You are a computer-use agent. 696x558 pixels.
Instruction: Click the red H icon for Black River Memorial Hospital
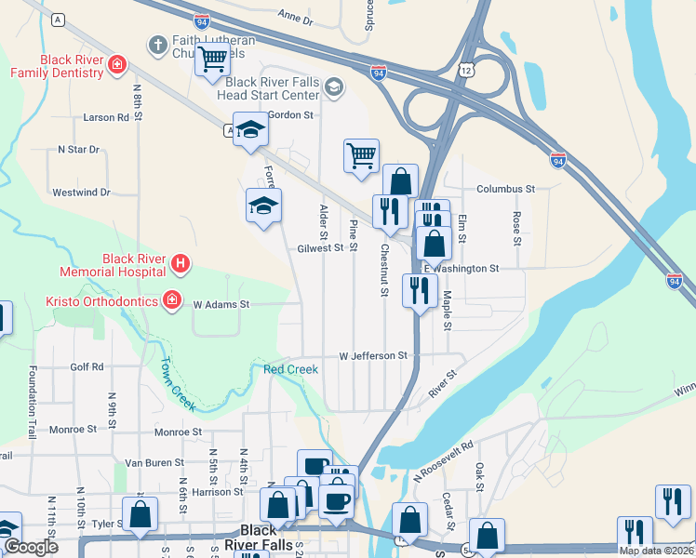click(x=181, y=265)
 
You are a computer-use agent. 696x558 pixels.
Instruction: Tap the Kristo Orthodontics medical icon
click(x=171, y=299)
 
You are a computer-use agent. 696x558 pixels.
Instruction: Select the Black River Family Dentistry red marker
click(x=117, y=64)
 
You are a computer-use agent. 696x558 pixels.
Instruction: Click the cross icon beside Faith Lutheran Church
click(x=157, y=44)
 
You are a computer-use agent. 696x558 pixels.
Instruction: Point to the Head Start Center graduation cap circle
click(x=333, y=88)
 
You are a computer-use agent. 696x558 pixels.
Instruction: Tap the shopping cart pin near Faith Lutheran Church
click(x=212, y=60)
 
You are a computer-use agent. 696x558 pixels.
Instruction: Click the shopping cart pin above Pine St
click(x=361, y=154)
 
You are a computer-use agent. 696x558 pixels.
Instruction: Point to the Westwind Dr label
click(x=81, y=193)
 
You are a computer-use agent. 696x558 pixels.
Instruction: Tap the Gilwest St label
click(x=321, y=248)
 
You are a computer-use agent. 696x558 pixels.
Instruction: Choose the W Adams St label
click(x=221, y=304)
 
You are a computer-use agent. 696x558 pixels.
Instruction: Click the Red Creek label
click(x=290, y=369)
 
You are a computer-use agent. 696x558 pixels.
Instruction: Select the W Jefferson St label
click(x=373, y=355)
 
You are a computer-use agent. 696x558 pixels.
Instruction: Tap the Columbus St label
click(x=505, y=189)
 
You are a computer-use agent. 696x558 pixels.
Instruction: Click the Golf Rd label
click(x=87, y=367)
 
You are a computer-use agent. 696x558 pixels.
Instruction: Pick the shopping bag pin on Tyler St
click(x=140, y=513)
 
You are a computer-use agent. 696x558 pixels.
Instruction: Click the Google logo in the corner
click(x=31, y=547)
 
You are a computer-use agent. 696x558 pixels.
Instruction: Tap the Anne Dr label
click(x=297, y=17)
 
